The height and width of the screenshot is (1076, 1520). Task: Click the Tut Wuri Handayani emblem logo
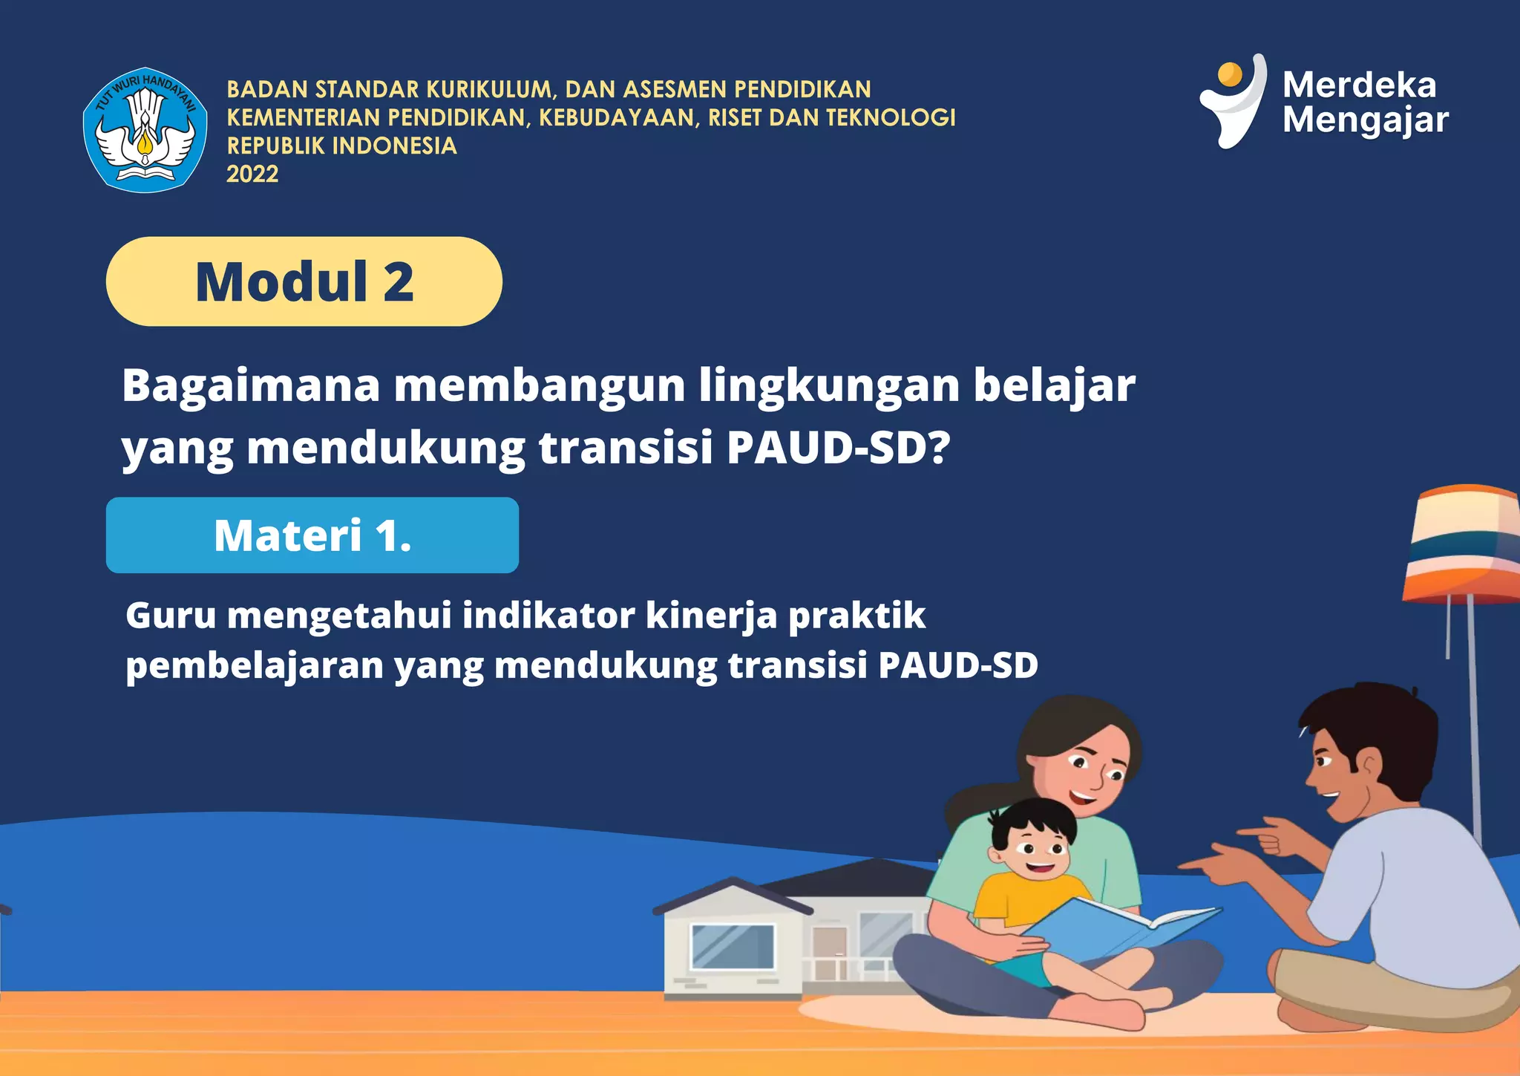(x=145, y=131)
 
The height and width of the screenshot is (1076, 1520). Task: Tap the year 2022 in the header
(x=252, y=175)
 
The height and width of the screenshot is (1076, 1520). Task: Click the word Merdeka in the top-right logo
(x=1359, y=85)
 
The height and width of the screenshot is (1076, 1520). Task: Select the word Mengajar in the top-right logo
(x=1366, y=121)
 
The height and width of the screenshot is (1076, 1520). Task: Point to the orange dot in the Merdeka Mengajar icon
(x=1230, y=74)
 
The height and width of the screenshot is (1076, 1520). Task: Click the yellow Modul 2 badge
(x=304, y=281)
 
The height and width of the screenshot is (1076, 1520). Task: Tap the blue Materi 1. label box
(x=312, y=535)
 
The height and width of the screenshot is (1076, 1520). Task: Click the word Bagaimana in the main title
(x=251, y=386)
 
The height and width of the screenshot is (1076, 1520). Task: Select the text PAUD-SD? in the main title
(x=838, y=448)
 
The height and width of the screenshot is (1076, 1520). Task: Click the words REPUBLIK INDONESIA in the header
(x=341, y=146)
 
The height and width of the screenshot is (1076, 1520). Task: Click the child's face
(x=1036, y=851)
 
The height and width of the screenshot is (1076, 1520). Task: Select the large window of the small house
(x=733, y=947)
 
